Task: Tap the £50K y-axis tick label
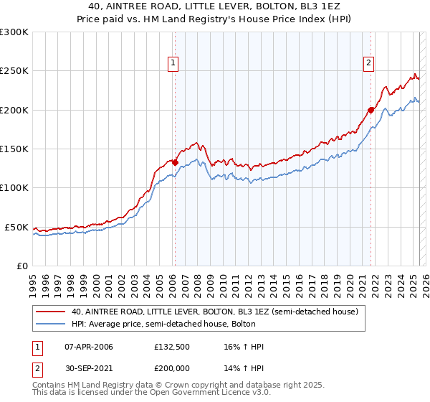pyautogui.click(x=17, y=227)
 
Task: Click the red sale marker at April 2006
pyautogui.click(x=175, y=163)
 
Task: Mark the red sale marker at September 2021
pyautogui.click(x=371, y=110)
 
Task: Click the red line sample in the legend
pyautogui.click(x=52, y=312)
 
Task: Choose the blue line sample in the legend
pyautogui.click(x=52, y=324)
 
